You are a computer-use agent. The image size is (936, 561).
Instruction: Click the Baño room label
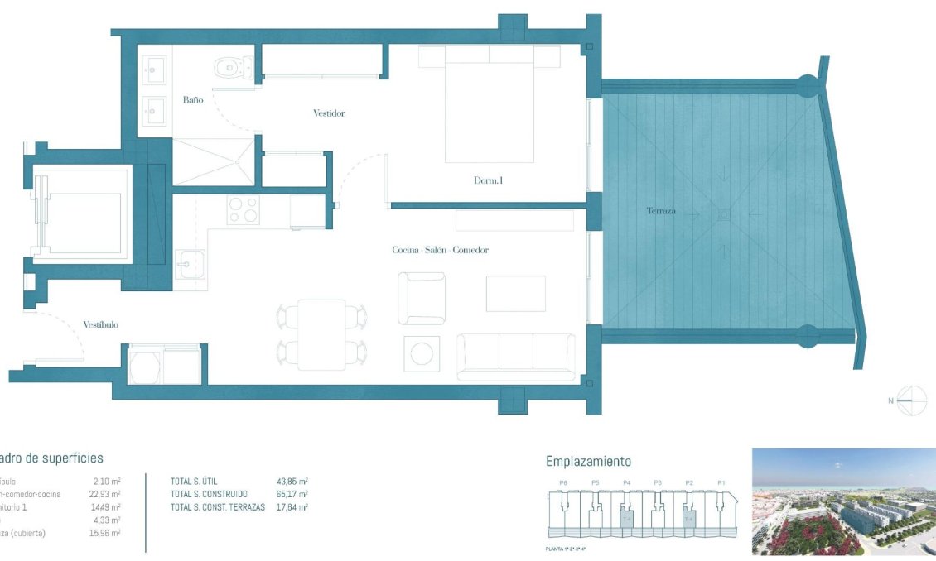click(193, 100)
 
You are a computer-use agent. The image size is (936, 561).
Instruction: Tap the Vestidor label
click(329, 113)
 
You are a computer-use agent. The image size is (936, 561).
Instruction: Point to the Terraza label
click(661, 211)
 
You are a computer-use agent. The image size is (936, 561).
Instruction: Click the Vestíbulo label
click(100, 325)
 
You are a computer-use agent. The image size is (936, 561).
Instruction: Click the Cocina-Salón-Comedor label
click(440, 250)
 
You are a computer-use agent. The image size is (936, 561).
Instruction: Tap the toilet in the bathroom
click(232, 66)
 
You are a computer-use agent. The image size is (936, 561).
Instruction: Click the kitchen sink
click(190, 265)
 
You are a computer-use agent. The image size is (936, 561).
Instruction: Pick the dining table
click(321, 334)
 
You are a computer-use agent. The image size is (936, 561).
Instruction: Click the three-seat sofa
click(516, 356)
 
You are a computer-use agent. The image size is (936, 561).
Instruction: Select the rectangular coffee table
click(515, 294)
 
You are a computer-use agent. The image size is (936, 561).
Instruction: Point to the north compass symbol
click(912, 400)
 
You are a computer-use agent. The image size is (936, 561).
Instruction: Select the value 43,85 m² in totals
click(292, 481)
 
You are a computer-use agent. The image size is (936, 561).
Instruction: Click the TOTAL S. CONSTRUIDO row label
click(209, 494)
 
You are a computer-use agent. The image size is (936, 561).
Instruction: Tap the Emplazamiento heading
click(588, 462)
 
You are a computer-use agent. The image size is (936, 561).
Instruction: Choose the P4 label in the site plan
click(626, 482)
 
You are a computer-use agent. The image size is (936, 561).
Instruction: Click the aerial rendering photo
click(843, 501)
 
